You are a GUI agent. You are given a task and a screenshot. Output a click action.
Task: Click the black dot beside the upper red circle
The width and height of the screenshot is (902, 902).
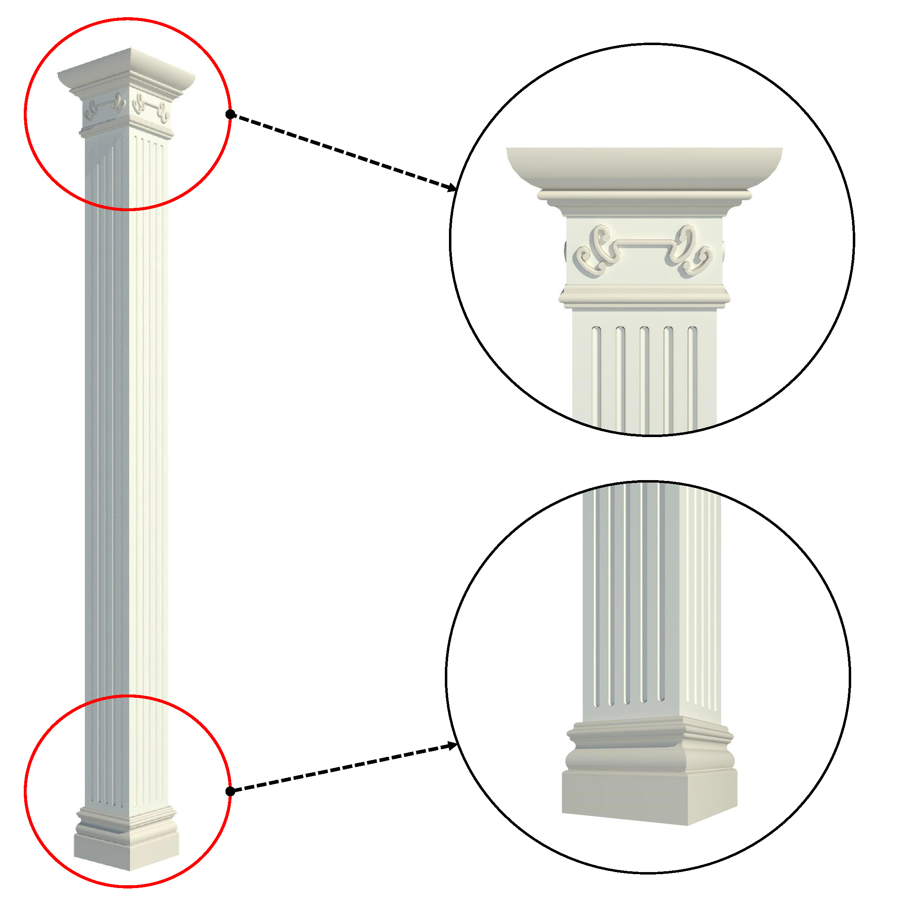230,114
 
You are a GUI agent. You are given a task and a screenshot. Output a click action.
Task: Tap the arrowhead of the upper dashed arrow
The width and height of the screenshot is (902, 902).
452,189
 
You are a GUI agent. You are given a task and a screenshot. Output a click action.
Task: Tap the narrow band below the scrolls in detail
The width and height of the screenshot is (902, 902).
644,296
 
